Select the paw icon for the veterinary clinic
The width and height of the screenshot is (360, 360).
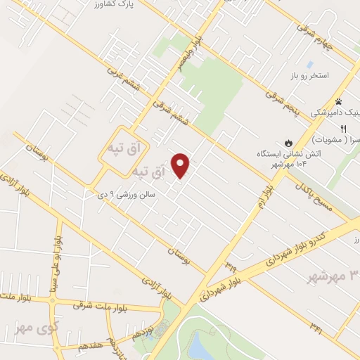338,102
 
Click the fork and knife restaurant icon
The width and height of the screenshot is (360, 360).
344,129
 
